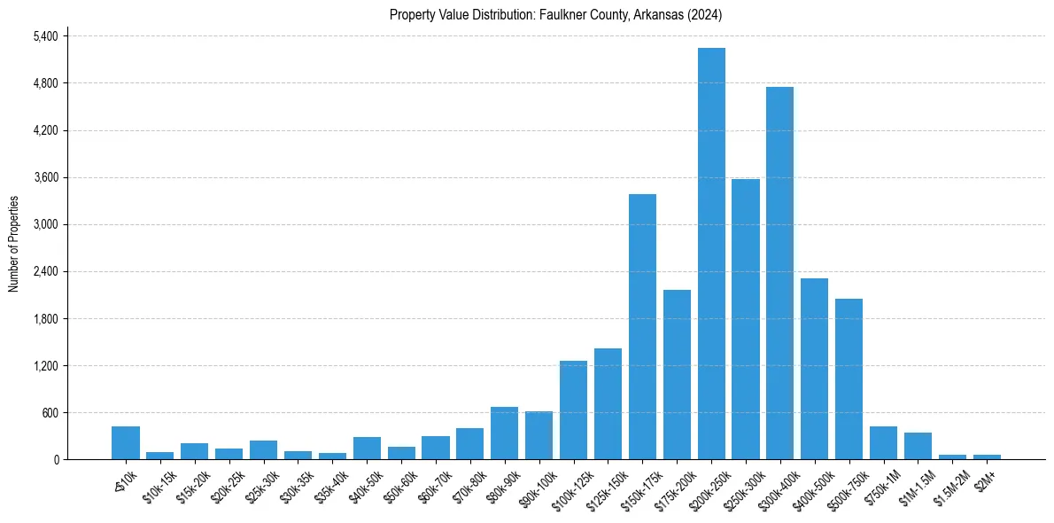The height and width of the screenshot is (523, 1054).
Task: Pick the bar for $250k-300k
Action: (746, 319)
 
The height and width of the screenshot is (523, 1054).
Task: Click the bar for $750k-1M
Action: (883, 442)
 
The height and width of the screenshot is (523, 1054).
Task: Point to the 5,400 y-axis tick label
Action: (45, 36)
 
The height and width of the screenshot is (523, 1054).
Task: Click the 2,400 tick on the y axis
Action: (45, 271)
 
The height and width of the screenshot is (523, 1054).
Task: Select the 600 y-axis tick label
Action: (50, 412)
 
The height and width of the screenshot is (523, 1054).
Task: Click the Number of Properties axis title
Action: (13, 244)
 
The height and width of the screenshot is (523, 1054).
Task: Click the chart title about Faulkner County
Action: (556, 15)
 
